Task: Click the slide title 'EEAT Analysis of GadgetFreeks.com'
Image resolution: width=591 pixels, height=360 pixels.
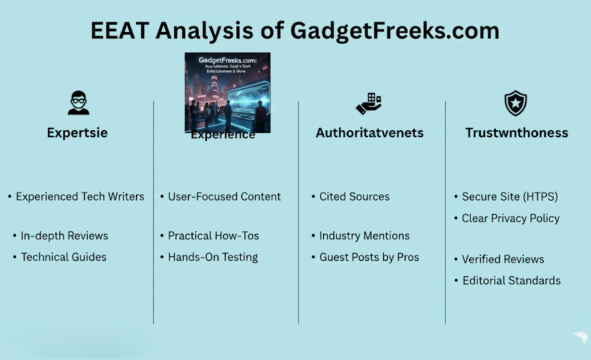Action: (295, 30)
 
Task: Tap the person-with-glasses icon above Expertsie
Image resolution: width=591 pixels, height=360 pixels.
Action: (78, 103)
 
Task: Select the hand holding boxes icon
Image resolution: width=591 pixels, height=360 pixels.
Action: (369, 103)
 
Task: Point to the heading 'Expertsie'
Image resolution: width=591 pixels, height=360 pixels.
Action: (77, 133)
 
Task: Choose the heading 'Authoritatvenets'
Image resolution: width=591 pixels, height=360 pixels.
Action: (369, 133)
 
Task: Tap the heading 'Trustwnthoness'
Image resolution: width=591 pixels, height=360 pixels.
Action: (517, 133)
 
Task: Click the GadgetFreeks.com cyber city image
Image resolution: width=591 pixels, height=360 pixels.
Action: (227, 92)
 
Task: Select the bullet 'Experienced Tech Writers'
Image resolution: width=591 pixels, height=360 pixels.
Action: (80, 197)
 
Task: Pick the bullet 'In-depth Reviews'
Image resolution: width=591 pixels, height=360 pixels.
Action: (64, 235)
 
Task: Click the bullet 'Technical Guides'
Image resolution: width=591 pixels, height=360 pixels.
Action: (63, 257)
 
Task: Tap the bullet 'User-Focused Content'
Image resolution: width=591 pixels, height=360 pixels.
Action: (224, 197)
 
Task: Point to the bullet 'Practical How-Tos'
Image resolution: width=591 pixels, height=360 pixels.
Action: (213, 235)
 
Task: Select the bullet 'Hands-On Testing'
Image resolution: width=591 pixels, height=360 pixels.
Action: (212, 257)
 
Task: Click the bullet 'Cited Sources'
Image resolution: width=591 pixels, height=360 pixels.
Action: (354, 197)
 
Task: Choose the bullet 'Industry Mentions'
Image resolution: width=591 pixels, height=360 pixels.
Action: (364, 235)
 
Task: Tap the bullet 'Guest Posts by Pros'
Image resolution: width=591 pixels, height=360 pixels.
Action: (369, 257)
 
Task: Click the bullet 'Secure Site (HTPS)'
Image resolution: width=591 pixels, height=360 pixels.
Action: (510, 197)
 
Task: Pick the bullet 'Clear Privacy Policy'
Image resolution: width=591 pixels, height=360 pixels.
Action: (510, 218)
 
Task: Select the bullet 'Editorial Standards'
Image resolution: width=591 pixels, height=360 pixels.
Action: (511, 280)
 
